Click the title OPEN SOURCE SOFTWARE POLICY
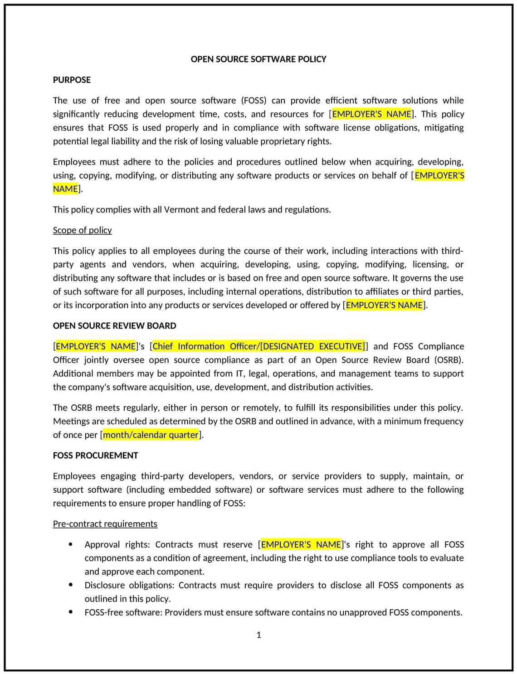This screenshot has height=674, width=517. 258,59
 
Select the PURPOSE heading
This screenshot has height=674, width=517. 72,80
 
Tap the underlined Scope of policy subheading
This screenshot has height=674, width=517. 82,230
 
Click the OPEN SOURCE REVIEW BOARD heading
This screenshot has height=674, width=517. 114,326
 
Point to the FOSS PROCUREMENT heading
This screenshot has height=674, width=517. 95,456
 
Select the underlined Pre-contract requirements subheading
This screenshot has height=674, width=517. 105,524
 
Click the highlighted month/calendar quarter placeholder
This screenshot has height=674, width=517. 151,435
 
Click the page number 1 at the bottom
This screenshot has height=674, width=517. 258,635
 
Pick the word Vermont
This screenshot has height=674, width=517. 181,210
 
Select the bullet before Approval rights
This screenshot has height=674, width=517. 71,544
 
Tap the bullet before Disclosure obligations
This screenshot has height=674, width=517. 71,585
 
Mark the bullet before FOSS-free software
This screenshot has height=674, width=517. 71,612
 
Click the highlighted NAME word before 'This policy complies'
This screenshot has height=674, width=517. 65,189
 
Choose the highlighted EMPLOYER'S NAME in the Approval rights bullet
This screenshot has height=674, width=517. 301,545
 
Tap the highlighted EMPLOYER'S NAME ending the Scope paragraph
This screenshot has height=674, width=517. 384,305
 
